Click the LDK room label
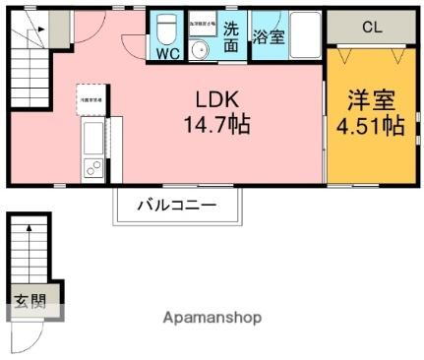[x=216, y=100]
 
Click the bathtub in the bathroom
[x=302, y=37]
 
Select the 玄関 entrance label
[x=29, y=301]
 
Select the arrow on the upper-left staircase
[x=39, y=30]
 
